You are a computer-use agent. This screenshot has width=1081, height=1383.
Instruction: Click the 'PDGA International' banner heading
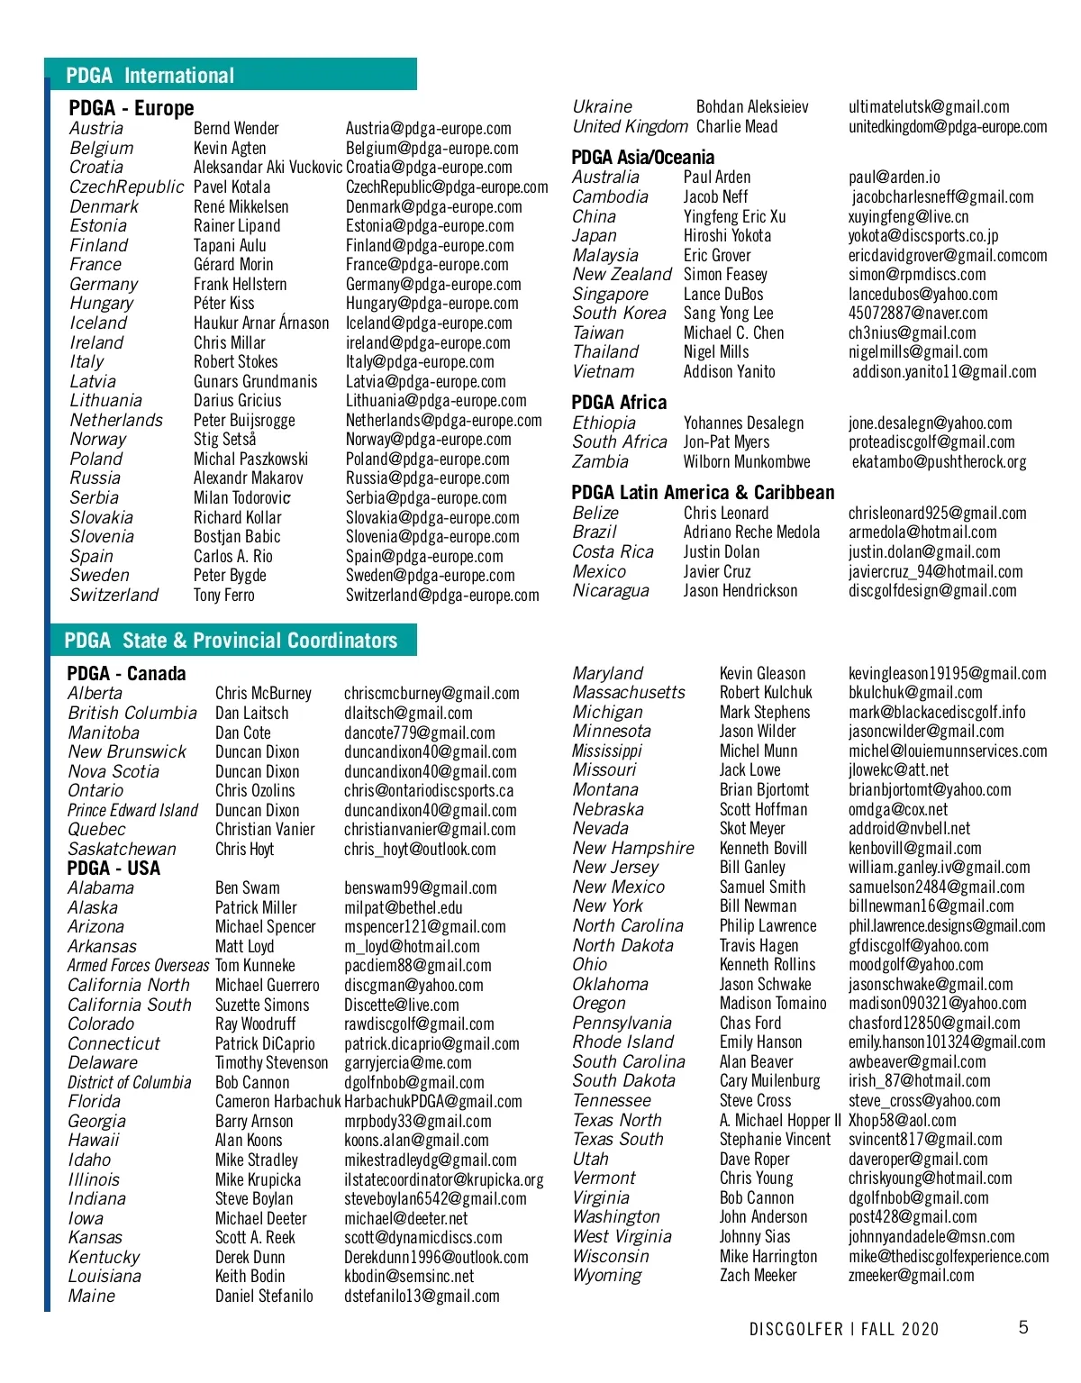point(150,76)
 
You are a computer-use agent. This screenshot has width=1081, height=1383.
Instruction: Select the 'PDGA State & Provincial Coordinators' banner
point(231,641)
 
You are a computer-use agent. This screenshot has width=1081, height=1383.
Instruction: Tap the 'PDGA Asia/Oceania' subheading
point(642,157)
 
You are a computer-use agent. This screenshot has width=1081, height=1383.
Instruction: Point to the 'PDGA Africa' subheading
point(619,402)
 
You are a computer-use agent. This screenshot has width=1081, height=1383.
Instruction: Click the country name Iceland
point(98,323)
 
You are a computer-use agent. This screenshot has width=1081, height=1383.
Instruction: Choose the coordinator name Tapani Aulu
point(230,245)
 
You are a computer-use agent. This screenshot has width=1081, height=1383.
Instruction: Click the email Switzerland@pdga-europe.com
point(442,595)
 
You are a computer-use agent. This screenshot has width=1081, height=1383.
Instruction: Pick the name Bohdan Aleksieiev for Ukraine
point(752,106)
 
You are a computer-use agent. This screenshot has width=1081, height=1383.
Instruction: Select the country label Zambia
point(600,461)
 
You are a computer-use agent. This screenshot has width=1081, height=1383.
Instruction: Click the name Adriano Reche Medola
point(751,532)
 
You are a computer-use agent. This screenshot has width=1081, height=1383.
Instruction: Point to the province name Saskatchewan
point(122,849)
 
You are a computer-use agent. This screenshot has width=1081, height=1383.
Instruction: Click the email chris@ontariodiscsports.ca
point(429,790)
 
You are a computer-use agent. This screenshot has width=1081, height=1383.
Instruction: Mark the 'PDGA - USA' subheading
point(114,869)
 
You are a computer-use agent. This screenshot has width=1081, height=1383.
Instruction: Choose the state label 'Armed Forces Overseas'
point(138,965)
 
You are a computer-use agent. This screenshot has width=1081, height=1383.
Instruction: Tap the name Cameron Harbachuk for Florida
point(277,1101)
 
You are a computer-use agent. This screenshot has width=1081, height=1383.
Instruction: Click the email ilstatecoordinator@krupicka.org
point(443,1179)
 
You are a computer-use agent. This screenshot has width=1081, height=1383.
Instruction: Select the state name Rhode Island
point(622,1042)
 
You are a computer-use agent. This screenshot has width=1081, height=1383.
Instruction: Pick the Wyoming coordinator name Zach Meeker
point(758,1275)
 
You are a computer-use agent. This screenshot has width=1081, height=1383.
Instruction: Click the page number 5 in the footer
point(1023,1327)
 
